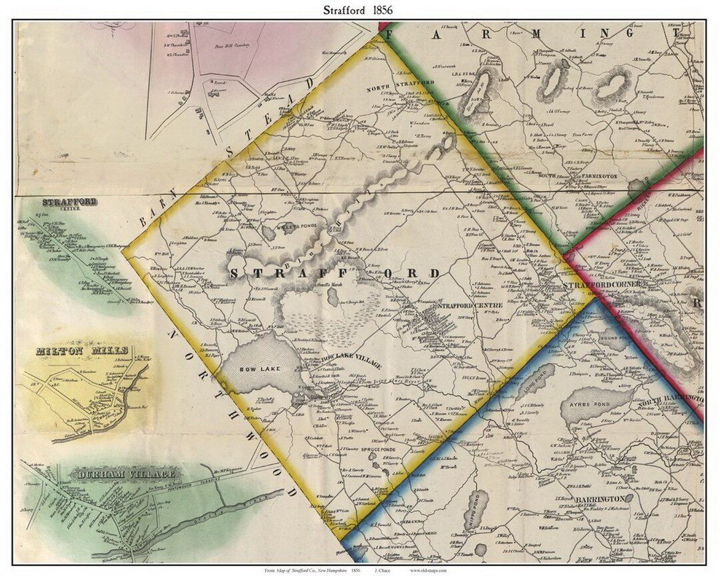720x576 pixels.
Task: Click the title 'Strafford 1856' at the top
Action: pos(359,9)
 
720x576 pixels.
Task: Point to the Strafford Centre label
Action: pos(466,305)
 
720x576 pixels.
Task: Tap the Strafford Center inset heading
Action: pos(69,202)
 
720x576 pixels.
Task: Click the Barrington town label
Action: pos(598,498)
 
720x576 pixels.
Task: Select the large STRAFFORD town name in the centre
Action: pos(333,273)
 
